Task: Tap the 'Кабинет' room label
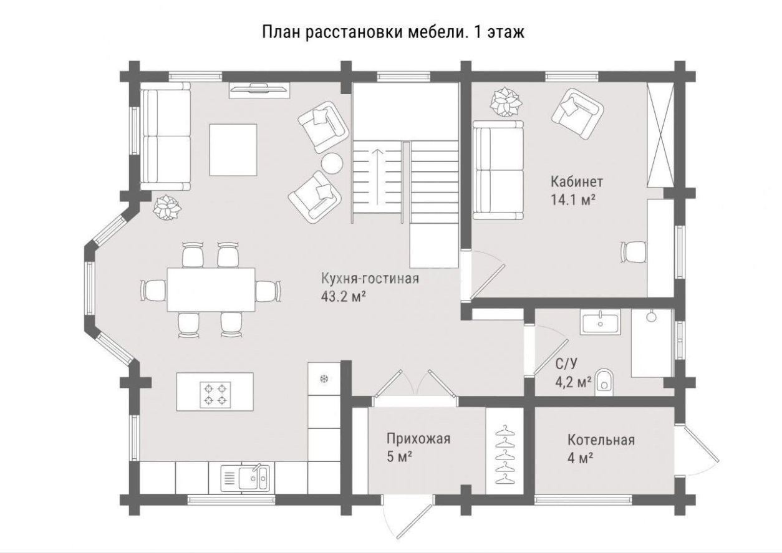pos(576,182)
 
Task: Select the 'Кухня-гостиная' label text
pos(370,279)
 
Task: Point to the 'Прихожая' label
pos(418,438)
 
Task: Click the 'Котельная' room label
pos(601,440)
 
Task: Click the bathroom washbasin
pos(600,322)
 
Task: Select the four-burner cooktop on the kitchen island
pos(215,395)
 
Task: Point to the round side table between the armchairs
pos(332,163)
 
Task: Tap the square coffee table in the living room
pos(233,150)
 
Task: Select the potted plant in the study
pos(504,102)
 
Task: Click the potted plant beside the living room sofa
pos(167,207)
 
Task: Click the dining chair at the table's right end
pos(267,291)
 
